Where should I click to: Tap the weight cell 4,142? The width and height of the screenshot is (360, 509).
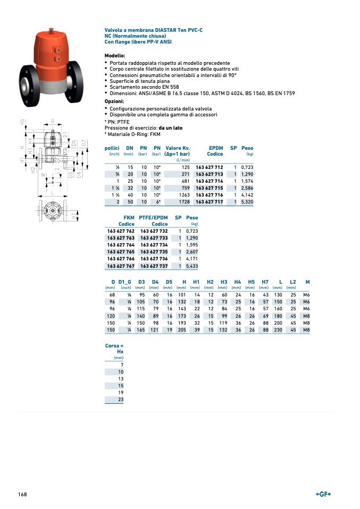point(247,195)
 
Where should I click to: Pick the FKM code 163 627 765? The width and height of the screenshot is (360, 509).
point(121,252)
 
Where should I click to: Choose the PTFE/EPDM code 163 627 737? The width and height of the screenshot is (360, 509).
point(154,266)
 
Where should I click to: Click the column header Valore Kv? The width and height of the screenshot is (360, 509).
point(178,148)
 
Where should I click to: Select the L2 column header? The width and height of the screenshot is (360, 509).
point(292,281)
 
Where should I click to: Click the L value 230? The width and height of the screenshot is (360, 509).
point(278,330)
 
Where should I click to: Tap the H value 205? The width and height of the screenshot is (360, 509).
point(181,330)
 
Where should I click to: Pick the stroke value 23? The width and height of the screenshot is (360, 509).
point(121,399)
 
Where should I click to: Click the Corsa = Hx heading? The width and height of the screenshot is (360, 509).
point(114,349)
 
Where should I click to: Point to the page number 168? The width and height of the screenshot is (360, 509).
point(22,495)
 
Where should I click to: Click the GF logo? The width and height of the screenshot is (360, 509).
point(323,495)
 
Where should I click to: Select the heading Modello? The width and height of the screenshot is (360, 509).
point(115,56)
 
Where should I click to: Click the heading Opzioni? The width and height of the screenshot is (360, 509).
point(114,101)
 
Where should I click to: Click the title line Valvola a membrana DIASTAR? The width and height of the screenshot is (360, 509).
point(153,30)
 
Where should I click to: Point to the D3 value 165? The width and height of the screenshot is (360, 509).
point(140,330)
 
